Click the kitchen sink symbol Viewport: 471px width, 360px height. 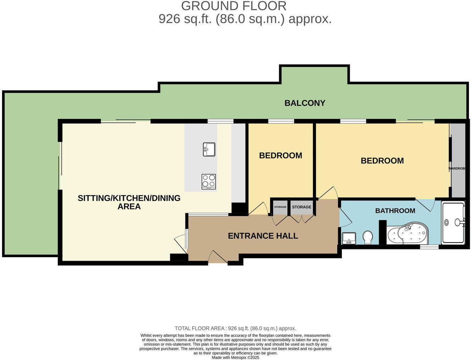pos(209,149)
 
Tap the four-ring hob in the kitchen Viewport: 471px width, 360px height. pos(209,181)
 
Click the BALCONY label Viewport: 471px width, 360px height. pos(305,103)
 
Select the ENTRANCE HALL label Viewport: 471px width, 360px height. pos(263,236)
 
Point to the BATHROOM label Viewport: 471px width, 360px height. pos(395,211)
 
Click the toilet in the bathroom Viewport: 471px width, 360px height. pos(368,237)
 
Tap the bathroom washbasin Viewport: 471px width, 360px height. pos(349,238)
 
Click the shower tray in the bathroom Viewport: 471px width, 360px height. pos(453,223)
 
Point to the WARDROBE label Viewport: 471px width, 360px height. pos(457,168)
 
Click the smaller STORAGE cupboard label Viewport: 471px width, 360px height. pos(280,207)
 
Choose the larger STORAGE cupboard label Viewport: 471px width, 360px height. pos(301,207)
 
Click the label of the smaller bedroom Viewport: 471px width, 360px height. pos(281,156)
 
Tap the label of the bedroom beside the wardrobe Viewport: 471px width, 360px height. pos(382,161)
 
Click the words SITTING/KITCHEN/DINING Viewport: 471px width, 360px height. pos(129,198)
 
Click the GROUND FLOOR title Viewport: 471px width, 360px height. pos(233,6)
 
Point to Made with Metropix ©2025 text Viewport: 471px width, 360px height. pos(235,358)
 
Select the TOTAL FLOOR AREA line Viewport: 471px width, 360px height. pos(235,328)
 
